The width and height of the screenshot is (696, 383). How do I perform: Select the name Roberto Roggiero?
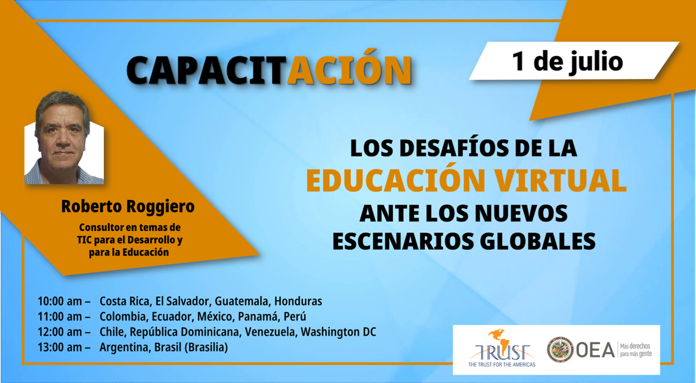coord(128,206)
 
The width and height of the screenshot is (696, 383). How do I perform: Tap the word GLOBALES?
coord(537,241)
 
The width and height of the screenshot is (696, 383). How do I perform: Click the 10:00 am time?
coord(60,301)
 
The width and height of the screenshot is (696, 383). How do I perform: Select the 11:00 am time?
coord(60,316)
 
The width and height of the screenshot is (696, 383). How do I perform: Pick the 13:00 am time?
coord(60,347)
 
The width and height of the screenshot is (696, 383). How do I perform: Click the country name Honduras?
coord(298,301)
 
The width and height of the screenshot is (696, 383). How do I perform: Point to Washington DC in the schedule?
coord(338,332)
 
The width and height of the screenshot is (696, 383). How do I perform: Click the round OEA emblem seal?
coord(560,349)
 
